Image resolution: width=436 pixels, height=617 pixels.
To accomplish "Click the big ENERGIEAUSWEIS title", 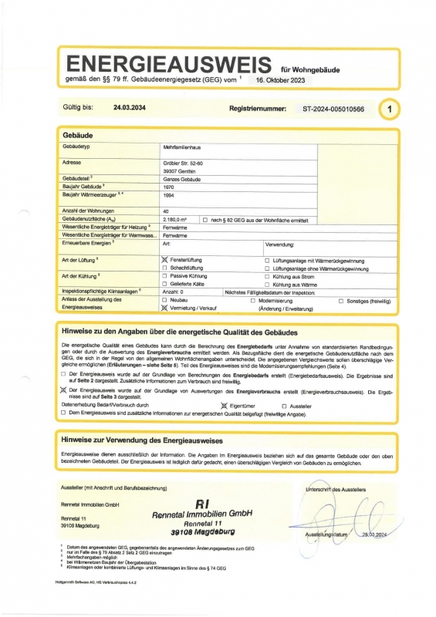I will (169, 63).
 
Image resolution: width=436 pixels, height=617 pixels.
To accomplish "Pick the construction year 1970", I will (169, 187).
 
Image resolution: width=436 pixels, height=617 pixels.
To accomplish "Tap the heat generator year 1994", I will (169, 196).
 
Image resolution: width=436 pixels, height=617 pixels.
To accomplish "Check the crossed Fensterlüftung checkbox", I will (164, 261).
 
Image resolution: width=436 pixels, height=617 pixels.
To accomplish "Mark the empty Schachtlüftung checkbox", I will (164, 268).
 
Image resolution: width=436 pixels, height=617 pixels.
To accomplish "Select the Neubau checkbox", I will (164, 299).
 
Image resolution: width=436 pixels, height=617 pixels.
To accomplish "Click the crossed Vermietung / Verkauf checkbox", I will (164, 307).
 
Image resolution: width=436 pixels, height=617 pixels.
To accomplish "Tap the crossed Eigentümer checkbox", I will (225, 405).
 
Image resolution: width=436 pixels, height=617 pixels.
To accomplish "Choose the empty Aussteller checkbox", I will (284, 405).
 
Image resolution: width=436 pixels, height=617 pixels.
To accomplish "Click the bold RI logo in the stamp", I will (203, 504).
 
